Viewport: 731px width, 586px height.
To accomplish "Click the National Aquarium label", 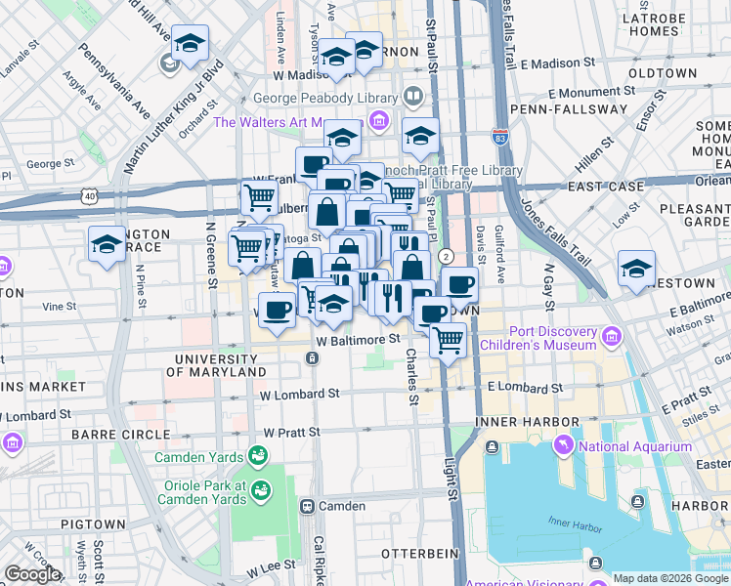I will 635,446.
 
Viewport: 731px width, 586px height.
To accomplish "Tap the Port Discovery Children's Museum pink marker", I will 612,338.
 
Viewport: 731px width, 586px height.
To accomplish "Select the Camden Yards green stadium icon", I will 258,456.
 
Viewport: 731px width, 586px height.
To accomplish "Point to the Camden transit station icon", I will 307,506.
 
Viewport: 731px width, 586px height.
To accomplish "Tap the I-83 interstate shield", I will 500,142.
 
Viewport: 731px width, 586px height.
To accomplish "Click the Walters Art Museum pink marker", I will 378,122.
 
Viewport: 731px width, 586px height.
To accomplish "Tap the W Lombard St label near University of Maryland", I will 299,394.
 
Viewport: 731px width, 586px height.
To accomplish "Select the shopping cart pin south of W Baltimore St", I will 448,342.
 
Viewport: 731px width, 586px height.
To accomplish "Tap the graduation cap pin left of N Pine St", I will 106,245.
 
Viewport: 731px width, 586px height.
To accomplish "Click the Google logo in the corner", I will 31,574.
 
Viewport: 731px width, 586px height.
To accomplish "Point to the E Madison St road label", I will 557,63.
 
